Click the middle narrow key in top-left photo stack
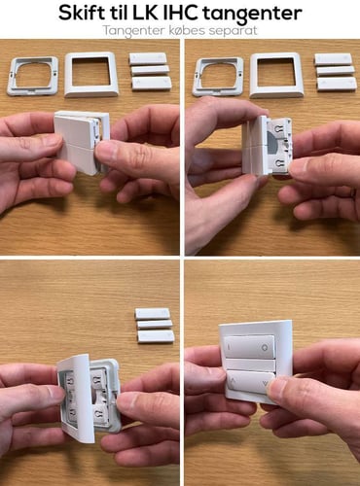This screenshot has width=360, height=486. (x=150, y=71)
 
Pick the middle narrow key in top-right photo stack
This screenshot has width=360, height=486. (x=336, y=71)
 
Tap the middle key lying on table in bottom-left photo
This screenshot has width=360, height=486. (x=155, y=325)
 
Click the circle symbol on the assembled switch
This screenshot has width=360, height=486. (x=265, y=347)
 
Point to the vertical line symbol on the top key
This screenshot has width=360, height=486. (x=229, y=347)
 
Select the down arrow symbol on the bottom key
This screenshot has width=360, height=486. (x=266, y=384)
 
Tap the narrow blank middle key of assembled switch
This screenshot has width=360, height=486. (x=250, y=364)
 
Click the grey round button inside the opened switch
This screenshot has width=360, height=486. (x=271, y=144)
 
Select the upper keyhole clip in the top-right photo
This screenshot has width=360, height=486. (x=280, y=127)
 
